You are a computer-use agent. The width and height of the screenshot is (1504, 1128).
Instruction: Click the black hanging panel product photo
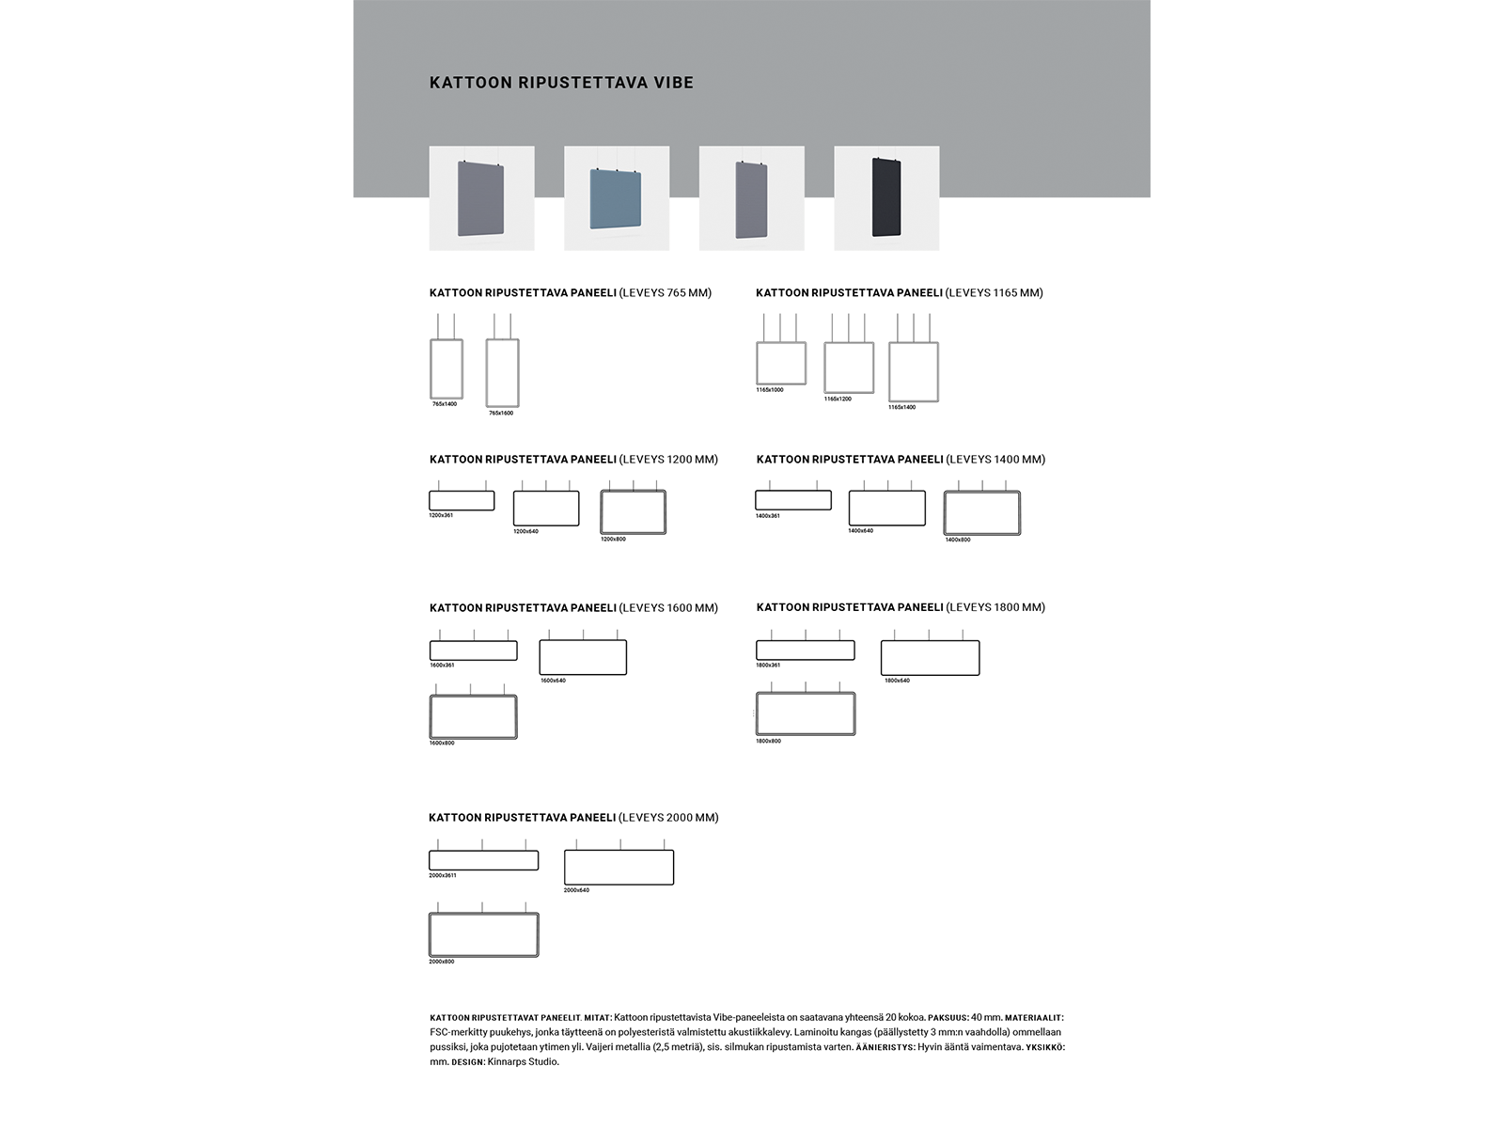pyautogui.click(x=886, y=197)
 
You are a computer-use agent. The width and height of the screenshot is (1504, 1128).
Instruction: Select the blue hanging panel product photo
pyautogui.click(x=617, y=198)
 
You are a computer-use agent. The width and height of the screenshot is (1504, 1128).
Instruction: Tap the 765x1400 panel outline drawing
pyautogui.click(x=446, y=368)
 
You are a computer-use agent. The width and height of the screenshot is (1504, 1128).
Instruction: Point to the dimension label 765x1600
pyautogui.click(x=501, y=413)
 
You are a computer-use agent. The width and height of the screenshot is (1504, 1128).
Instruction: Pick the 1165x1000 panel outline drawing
pyautogui.click(x=781, y=363)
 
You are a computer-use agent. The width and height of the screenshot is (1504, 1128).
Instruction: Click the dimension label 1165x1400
pyautogui.click(x=901, y=407)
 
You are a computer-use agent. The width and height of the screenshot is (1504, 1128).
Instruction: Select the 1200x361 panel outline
pyautogui.click(x=462, y=500)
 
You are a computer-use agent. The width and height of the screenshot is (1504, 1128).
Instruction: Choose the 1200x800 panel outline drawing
pyautogui.click(x=633, y=512)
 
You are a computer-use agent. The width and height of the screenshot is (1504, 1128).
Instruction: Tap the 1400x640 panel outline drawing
pyautogui.click(x=886, y=508)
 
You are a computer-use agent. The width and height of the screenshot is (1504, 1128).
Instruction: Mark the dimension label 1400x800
pyautogui.click(x=958, y=540)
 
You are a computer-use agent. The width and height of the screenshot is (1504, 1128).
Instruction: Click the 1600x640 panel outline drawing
pyautogui.click(x=583, y=657)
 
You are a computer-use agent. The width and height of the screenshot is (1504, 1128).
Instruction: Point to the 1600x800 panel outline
pyautogui.click(x=474, y=717)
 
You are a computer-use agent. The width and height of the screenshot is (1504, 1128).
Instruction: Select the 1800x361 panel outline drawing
pyautogui.click(x=806, y=650)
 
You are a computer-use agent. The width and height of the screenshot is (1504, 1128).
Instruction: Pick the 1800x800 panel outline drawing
pyautogui.click(x=806, y=714)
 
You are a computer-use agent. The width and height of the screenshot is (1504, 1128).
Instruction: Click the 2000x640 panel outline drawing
pyautogui.click(x=619, y=867)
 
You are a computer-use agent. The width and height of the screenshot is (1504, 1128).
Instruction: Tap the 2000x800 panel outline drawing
pyautogui.click(x=484, y=934)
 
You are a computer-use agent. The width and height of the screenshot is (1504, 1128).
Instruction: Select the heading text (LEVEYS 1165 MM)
pyautogui.click(x=995, y=293)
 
